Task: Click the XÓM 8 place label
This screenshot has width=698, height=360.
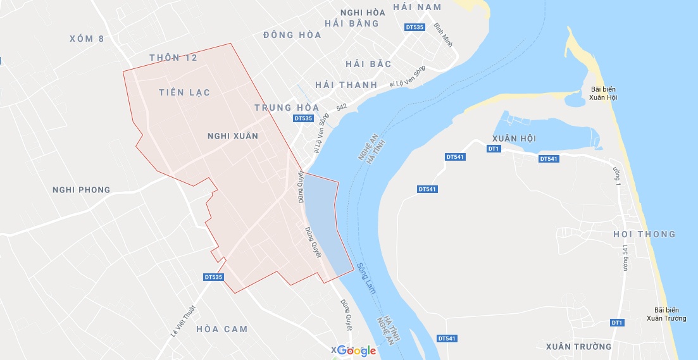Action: tap(87, 39)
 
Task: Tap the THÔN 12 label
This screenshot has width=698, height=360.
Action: tap(173, 58)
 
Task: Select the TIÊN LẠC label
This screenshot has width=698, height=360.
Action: tap(185, 93)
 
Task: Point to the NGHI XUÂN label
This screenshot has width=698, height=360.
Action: tap(233, 136)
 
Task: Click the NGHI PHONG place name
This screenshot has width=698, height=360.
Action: tap(82, 190)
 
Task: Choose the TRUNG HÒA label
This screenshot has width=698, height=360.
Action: tap(287, 108)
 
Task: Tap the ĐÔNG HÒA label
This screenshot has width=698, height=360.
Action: tap(292, 35)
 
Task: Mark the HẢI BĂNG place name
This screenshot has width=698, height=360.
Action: tap(351, 24)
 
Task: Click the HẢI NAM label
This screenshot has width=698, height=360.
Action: tap(416, 7)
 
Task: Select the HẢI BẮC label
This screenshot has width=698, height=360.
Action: tap(369, 65)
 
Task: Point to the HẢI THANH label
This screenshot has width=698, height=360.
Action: tap(346, 85)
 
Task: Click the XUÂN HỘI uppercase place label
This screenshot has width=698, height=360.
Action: tap(514, 139)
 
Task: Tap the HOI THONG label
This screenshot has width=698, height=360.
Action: tap(644, 235)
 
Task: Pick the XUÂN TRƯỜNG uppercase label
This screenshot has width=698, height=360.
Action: tap(579, 347)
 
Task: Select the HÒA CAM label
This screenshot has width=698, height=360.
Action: tap(222, 329)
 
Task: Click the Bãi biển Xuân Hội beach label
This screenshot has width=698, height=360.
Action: tap(603, 93)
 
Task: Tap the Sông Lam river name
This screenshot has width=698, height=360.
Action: tap(366, 278)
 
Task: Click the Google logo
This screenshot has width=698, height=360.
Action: tap(356, 351)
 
